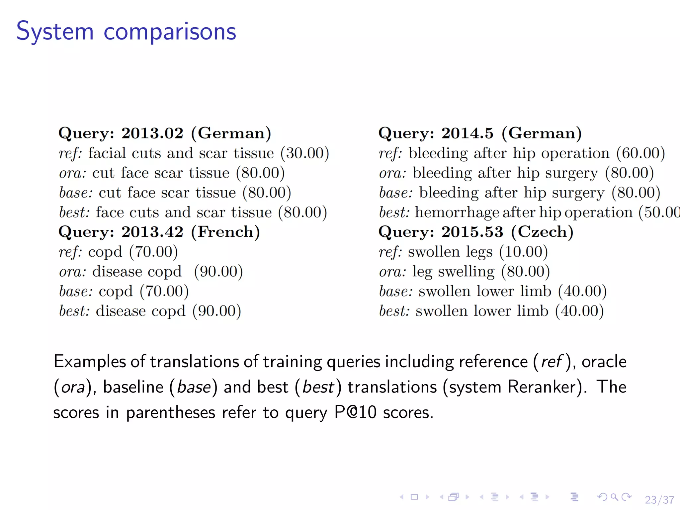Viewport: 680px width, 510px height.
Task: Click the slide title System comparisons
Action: tap(126, 32)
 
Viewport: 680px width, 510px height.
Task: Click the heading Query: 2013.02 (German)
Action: tap(165, 133)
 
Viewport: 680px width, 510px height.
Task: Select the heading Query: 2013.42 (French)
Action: tap(159, 232)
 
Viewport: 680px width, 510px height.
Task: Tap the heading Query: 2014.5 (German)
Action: tap(480, 133)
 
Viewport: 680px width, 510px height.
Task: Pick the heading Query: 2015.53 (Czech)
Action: tap(476, 232)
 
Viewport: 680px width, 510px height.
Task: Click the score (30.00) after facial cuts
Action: tap(304, 153)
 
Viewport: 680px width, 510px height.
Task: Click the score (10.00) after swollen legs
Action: tap(523, 252)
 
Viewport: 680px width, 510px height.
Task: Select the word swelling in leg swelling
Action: tap(466, 272)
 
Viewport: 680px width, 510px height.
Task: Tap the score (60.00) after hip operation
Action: tap(640, 153)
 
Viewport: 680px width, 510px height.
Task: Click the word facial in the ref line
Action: tap(107, 153)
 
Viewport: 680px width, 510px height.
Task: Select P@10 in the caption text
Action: tap(355, 413)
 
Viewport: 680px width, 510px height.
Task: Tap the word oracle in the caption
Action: tap(604, 362)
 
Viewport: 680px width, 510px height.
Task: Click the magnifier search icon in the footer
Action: tap(615, 497)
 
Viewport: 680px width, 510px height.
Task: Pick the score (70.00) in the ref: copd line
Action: tap(153, 252)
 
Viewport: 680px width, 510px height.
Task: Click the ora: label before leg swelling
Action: tap(392, 272)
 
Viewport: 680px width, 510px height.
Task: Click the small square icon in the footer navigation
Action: tap(414, 497)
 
